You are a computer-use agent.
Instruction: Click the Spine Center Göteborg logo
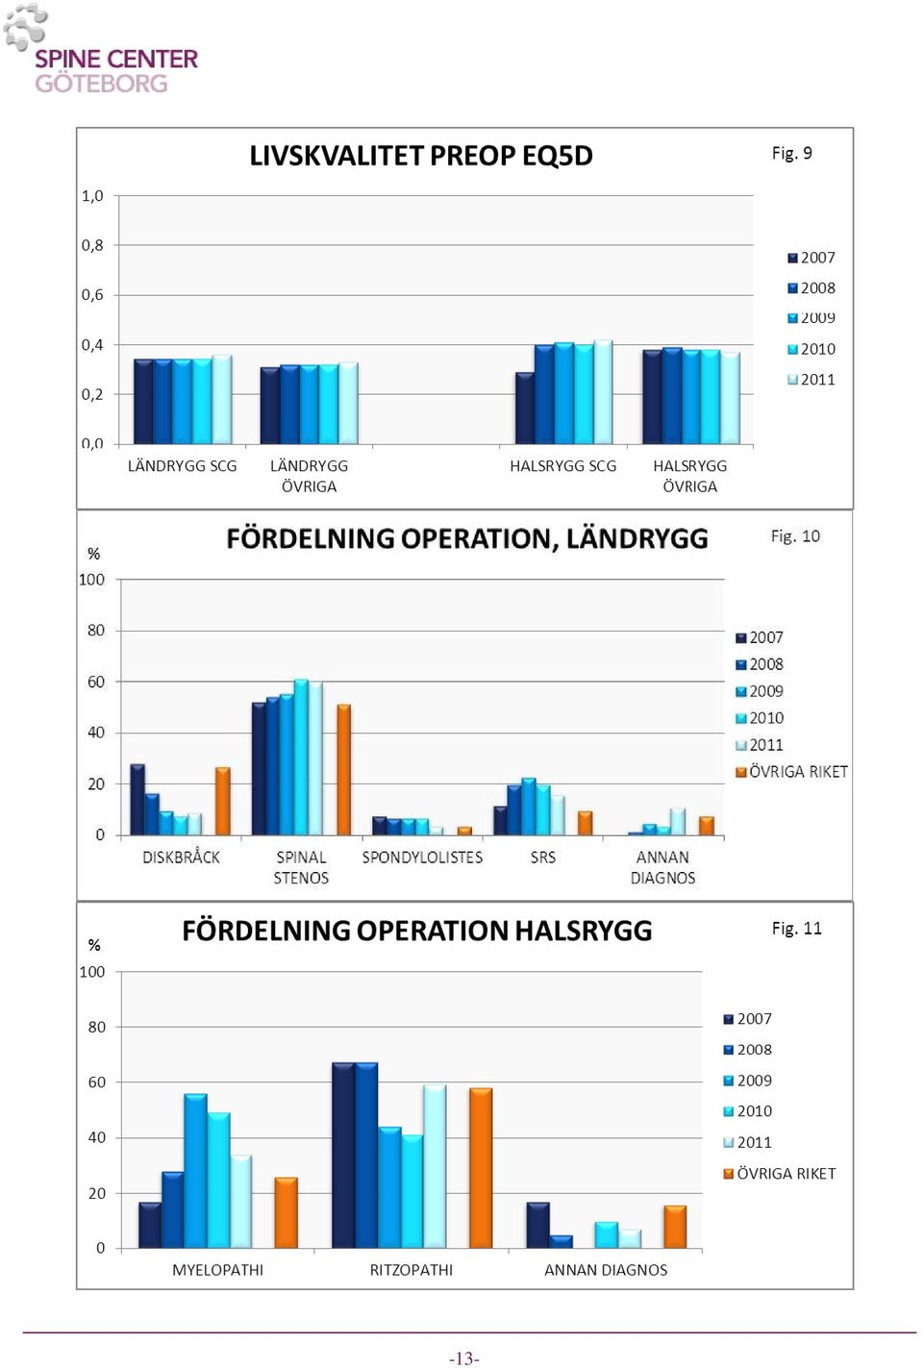[101, 49]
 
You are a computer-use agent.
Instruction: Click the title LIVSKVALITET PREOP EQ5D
[421, 156]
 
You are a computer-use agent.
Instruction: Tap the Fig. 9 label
[791, 153]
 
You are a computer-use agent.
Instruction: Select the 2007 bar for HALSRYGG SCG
[525, 408]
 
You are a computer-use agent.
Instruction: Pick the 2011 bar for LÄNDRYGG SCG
[222, 399]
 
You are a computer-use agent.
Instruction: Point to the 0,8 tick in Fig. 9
[92, 245]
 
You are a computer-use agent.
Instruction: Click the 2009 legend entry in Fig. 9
[811, 318]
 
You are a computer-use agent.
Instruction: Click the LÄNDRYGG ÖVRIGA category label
[309, 477]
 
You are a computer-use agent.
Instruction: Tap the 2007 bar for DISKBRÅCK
[137, 800]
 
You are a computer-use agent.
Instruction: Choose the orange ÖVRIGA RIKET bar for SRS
[586, 823]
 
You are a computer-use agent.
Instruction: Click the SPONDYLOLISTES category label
[422, 858]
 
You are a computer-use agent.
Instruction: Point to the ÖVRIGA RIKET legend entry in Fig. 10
[791, 772]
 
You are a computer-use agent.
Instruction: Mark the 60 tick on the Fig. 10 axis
[96, 682]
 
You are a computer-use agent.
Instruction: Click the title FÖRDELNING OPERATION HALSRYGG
[417, 931]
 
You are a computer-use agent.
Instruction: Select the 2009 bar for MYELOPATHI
[195, 1170]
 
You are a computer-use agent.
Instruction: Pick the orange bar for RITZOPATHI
[481, 1168]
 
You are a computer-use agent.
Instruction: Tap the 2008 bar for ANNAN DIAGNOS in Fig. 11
[561, 1241]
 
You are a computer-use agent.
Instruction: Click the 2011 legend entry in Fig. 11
[748, 1142]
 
